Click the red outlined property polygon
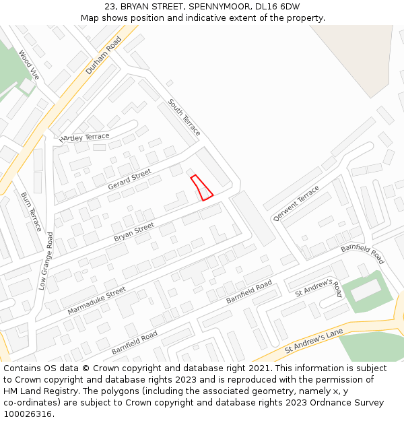[202, 187]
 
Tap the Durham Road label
[103, 55]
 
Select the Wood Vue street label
[29, 65]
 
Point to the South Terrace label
[184, 116]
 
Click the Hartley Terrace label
[84, 137]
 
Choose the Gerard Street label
[129, 179]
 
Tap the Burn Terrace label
[31, 212]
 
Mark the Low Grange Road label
[45, 261]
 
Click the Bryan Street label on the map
[133, 232]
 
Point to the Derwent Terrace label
[296, 203]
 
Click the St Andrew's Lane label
[314, 341]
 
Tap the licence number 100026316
[28, 414]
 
